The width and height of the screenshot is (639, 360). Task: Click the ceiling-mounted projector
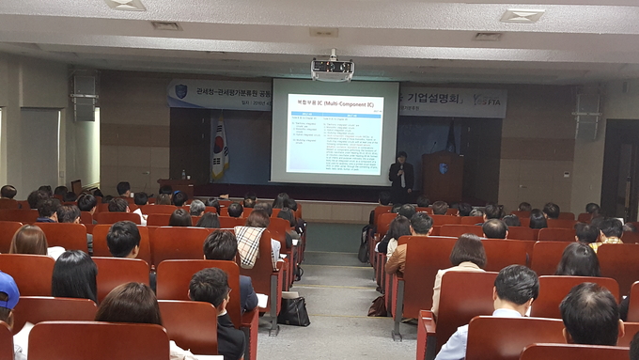pyautogui.click(x=332, y=68)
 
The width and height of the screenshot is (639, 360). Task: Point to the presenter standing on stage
pyautogui.click(x=401, y=175)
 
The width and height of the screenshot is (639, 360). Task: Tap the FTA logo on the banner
pyautogui.click(x=486, y=99)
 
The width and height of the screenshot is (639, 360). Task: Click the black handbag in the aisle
pyautogui.click(x=293, y=310)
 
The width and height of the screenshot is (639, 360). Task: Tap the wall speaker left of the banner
pyautogui.click(x=84, y=95)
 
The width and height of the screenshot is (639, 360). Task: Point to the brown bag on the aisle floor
pyautogui.click(x=378, y=306)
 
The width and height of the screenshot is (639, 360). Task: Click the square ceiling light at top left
pyautogui.click(x=126, y=5)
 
